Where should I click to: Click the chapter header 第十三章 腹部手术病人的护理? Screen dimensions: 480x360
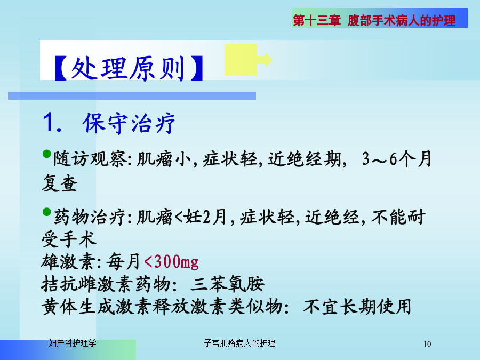pos(374,20)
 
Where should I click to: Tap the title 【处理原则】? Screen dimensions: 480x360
pos(129,68)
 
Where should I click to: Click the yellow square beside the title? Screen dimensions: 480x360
pos(241,60)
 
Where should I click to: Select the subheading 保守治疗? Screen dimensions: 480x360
pos(129,123)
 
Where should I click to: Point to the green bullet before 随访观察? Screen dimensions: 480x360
pos(46,154)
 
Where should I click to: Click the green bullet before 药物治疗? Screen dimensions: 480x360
pos(46,212)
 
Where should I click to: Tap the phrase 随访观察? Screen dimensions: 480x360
pos(90,159)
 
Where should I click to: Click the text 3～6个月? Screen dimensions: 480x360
pos(397,159)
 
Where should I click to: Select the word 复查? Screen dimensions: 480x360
pos(60,183)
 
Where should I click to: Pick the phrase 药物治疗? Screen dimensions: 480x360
pos(90,217)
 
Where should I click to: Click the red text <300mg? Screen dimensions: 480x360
pos(171,262)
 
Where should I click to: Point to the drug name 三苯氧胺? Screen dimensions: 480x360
pos(227,284)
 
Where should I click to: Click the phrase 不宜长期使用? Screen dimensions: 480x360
pos(357,307)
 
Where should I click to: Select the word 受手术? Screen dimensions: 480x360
pos(69,239)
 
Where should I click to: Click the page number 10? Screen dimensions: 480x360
pos(427,344)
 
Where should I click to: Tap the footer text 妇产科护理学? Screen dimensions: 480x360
pos(73,343)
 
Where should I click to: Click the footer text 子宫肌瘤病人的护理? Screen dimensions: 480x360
pos(239,343)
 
